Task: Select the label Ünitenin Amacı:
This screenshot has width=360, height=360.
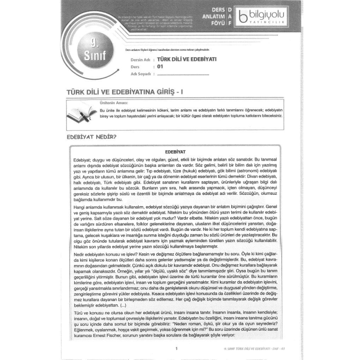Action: point(112,103)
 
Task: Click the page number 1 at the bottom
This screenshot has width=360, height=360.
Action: point(177,348)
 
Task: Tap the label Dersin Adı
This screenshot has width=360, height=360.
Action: point(139,59)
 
